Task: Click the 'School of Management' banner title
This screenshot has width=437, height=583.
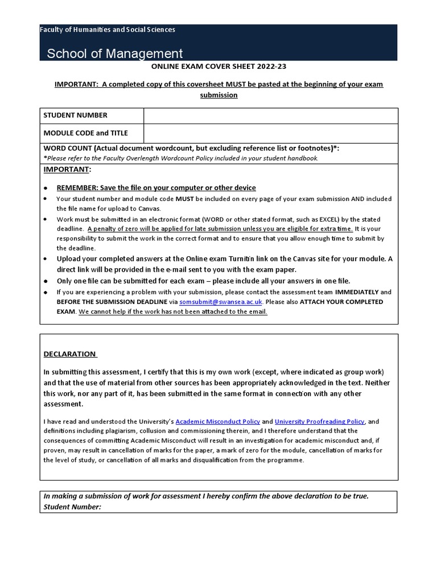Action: (x=115, y=54)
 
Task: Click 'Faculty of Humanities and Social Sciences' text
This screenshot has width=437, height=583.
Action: (x=108, y=30)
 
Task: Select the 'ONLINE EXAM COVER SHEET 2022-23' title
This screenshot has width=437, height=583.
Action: (x=218, y=67)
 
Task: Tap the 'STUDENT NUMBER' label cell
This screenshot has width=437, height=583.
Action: (x=76, y=115)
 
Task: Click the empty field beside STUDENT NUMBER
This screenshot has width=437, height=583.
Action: (x=270, y=116)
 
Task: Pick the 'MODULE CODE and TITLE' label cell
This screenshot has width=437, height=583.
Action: (x=86, y=133)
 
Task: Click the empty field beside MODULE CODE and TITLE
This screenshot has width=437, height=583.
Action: (x=270, y=134)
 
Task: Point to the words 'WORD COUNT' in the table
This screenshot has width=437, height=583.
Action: (x=67, y=148)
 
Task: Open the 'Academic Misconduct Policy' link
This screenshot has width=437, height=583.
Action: (x=218, y=421)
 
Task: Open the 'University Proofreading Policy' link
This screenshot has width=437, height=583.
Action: (x=320, y=421)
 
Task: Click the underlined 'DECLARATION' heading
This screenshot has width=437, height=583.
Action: (x=70, y=354)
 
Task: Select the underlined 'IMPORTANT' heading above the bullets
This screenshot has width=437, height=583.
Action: (x=67, y=170)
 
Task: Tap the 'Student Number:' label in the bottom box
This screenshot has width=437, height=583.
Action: (x=72, y=506)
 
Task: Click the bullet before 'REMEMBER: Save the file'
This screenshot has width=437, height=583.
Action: (x=46, y=188)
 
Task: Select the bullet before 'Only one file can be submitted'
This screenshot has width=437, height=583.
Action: (x=46, y=281)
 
